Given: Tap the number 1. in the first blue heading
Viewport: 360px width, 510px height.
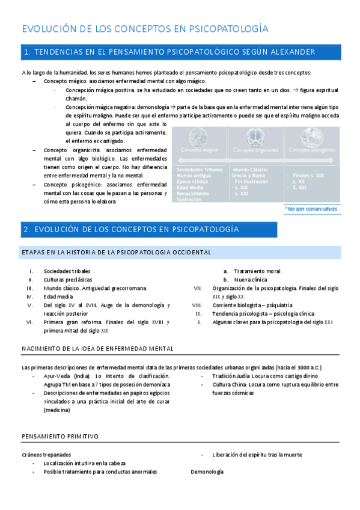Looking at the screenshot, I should [x=27, y=54].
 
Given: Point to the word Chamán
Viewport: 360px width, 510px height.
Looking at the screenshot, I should [x=76, y=98].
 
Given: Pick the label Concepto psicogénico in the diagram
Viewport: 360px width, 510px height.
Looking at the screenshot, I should [x=311, y=149].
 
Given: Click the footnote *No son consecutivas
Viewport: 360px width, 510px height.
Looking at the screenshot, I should [x=311, y=209].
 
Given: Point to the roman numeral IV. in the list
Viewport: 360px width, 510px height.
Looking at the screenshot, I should [x=29, y=296].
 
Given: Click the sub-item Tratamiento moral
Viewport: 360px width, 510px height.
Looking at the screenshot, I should [x=257, y=271].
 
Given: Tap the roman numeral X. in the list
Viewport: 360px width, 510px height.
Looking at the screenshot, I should [x=199, y=322].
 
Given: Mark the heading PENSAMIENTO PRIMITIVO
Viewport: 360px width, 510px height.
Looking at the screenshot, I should [x=60, y=436].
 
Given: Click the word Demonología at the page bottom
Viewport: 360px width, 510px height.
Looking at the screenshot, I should [x=207, y=472].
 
